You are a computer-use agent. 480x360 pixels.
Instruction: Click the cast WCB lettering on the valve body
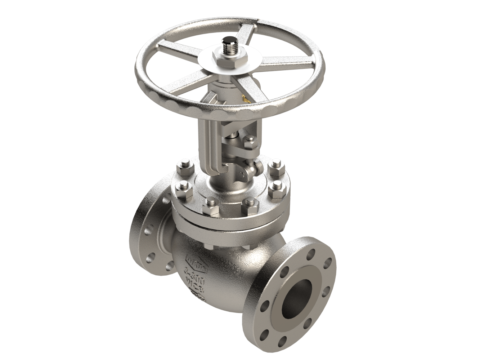click(x=191, y=279)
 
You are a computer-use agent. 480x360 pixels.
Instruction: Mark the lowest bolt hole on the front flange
click(x=283, y=339)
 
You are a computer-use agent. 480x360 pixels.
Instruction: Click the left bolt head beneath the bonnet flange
click(x=208, y=246)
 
